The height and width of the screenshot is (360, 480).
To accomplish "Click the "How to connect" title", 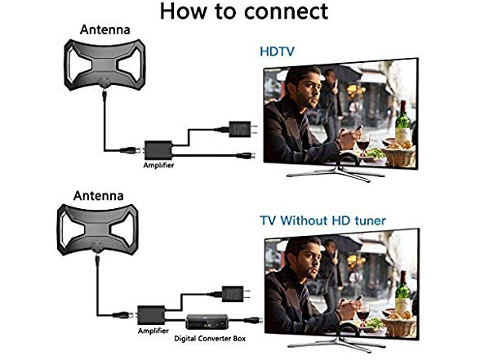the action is coord(244,11).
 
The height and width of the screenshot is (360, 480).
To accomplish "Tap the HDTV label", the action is coord(277,51).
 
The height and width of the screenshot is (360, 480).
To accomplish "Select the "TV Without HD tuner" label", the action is coord(322,220).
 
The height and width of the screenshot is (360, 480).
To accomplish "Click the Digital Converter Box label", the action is coord(210,338).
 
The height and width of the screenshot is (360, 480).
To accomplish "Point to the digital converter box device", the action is coord(207,322).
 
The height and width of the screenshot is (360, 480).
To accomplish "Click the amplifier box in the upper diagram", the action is coord(158,150).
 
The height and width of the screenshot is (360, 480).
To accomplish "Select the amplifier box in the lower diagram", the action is coord(151,315).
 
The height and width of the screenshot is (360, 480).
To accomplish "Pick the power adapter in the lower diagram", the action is coord(235,294).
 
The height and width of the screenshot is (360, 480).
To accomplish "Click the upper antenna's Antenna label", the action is coord(105,29).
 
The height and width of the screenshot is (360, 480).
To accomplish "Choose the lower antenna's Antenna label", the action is coord(98,196).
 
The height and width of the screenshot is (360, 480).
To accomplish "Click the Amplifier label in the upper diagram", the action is coord(158,165).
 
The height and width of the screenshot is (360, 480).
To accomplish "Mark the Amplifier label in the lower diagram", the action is coord(153,331).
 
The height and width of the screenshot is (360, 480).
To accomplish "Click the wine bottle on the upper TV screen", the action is coord(402,124).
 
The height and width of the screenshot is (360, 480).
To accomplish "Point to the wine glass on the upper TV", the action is coord(363,144).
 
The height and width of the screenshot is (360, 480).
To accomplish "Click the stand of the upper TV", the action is coord(336,171).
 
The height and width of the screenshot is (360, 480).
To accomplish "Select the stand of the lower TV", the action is coord(336,341).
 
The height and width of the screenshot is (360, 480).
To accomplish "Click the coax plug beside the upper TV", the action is coord(247,155).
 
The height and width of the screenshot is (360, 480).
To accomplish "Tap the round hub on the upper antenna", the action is coord(104,82).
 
